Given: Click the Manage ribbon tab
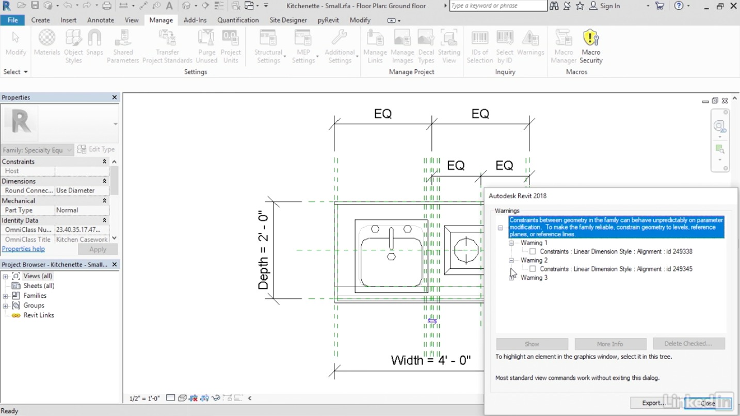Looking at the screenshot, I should coord(161,20).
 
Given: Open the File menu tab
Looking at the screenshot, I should coord(13,20).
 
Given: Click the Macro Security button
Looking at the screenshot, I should coord(591,47).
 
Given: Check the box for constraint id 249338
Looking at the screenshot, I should coord(533,252).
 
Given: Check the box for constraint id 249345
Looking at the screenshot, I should coord(533,269).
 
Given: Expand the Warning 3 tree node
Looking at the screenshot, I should coord(511,278).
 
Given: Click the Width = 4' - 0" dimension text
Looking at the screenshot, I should coord(430,360).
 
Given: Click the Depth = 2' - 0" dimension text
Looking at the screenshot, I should coord(264,250).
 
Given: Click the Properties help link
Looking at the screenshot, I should coord(23,249).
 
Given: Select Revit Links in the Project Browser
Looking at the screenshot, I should coord(39,315).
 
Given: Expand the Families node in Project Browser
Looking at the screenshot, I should coord(5,296).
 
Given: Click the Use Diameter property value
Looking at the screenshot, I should coord(81,190).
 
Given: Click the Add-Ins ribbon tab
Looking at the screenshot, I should coord(195,20).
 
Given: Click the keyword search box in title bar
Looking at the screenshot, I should coord(497,6).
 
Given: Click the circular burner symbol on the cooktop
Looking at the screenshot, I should coord(466,250).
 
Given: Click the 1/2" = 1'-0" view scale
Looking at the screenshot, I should coord(144,398).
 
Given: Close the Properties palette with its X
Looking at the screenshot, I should coord(115,98).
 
